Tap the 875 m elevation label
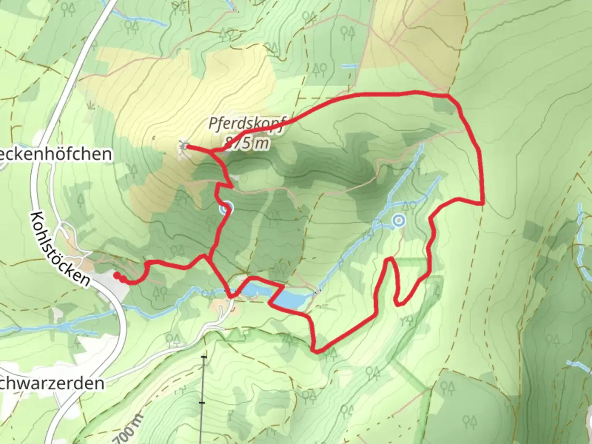pyautogui.click(x=246, y=143)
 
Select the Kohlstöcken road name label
pyautogui.click(x=60, y=249)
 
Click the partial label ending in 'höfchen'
pyautogui.click(x=56, y=154)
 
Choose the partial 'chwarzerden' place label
pyautogui.click(x=52, y=383)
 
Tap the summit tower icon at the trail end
pyautogui.click(x=183, y=145)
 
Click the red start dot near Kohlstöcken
pyautogui.click(x=117, y=275)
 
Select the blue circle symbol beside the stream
pyautogui.click(x=398, y=221)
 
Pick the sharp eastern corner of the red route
pyautogui.click(x=483, y=203)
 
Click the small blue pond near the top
pyautogui.click(x=350, y=66)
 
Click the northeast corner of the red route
pyautogui.click(x=449, y=96)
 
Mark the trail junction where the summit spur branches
pyautogui.click(x=213, y=152)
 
